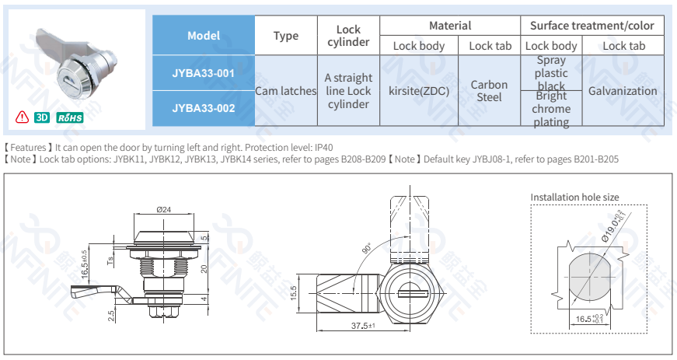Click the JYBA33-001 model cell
coord(203,73)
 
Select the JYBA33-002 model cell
coord(203,108)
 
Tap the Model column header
coord(203,36)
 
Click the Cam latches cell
coord(286,91)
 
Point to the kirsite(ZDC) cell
coord(419,91)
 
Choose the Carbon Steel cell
coord(490,91)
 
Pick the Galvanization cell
coord(623,91)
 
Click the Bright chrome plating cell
coord(551,109)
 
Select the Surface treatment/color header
coord(592,26)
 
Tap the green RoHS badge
coord(69,118)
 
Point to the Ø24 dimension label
coord(164,208)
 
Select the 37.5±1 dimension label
coord(363,326)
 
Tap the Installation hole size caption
coord(574,197)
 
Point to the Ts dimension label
coord(111,260)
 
